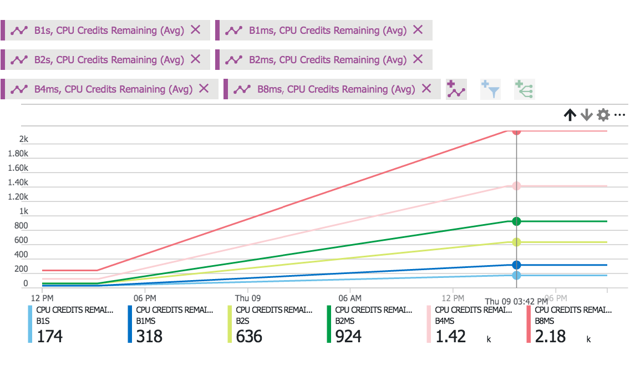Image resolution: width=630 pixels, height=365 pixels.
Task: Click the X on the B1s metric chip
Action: pos(195,30)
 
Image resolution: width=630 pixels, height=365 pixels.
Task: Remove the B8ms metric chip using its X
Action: pos(426,89)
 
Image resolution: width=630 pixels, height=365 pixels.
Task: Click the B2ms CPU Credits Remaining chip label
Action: pos(327,60)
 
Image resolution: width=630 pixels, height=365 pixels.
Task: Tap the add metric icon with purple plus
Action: pos(456,89)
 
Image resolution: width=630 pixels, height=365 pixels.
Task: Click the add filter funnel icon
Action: pos(491,89)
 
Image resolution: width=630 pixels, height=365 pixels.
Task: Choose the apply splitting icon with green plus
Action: pos(524,89)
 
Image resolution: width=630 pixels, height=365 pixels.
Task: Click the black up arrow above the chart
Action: pos(570,115)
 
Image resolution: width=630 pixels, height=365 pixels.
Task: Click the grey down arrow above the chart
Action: pos(587,115)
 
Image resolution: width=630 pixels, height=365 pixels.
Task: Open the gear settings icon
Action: pos(603,115)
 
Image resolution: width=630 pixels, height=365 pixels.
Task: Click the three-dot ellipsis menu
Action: pos(620,115)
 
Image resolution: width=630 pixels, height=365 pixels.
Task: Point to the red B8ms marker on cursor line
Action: pos(516,131)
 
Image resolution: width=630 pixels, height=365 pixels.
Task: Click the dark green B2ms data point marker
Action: pos(516,221)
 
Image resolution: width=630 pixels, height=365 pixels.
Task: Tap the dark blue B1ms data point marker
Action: pos(516,265)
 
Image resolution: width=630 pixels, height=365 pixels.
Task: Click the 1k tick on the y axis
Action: pos(24,211)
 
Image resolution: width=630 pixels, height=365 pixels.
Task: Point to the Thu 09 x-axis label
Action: pos(248,298)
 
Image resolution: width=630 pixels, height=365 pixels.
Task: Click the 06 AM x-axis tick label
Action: pos(350,298)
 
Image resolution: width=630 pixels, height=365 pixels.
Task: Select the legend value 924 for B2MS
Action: pos(348,336)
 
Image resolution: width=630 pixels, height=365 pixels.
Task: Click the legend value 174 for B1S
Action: pos(50,336)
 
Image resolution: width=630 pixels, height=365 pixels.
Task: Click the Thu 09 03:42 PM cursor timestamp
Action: pos(516,301)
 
